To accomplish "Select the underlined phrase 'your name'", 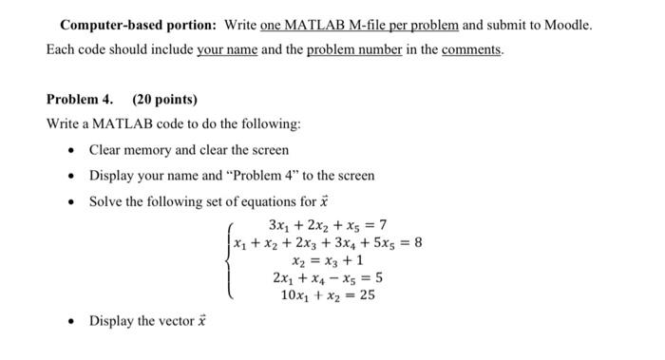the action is point(227,49).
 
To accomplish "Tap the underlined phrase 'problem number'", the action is point(349,49).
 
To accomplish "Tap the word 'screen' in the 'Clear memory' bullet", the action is point(269,150).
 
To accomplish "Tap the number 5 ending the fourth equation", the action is point(379,278).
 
